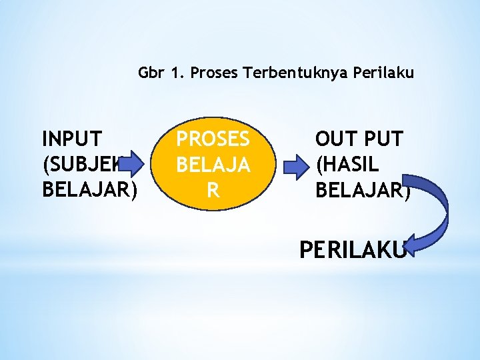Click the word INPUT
click(72, 139)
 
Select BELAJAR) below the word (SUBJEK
click(90, 189)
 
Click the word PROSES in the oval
click(213, 139)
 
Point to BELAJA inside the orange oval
click(213, 164)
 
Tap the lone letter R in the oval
click(213, 190)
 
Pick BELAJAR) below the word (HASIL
click(363, 189)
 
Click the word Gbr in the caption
click(151, 73)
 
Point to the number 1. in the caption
click(177, 73)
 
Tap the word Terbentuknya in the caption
click(289, 73)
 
